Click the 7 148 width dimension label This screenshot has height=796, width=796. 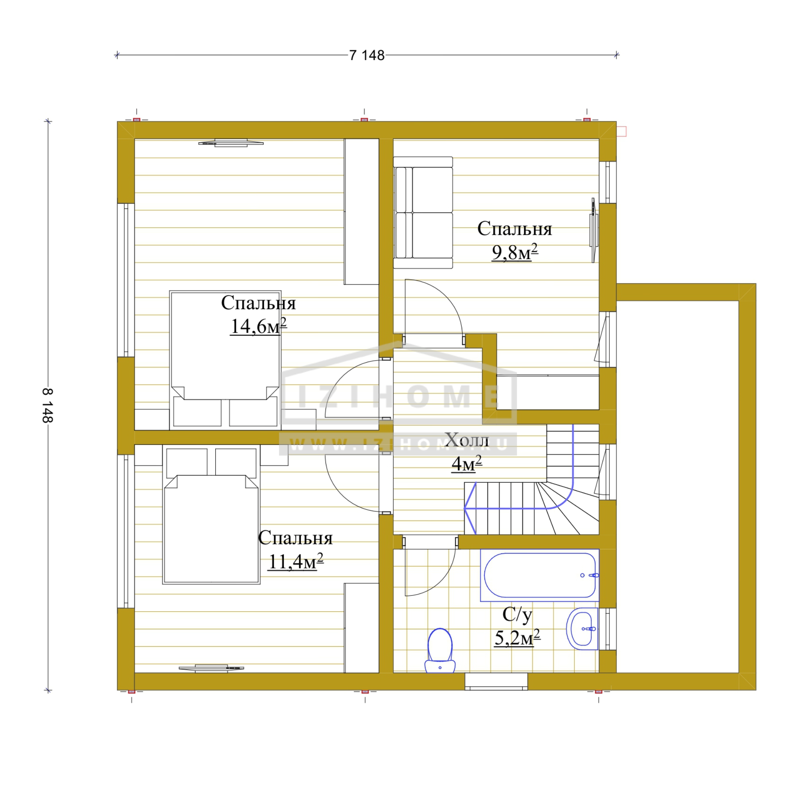click(x=367, y=55)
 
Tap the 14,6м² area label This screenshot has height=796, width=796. click(x=258, y=326)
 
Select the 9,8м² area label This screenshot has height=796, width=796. click(x=515, y=253)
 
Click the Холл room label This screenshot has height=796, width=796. click(x=467, y=440)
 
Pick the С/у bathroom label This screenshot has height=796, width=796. click(x=517, y=615)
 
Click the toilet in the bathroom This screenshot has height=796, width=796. click(x=440, y=651)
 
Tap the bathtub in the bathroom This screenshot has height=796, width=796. click(x=540, y=575)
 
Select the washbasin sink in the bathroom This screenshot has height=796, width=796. click(x=582, y=629)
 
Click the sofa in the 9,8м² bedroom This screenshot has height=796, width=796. click(x=423, y=213)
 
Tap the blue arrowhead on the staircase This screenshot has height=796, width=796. click(x=470, y=508)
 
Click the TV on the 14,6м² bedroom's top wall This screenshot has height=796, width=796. click(x=231, y=142)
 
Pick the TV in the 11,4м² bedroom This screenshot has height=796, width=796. click(x=211, y=668)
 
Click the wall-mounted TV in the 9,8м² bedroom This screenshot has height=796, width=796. click(x=594, y=230)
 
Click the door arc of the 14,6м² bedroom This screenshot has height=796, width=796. click(x=342, y=377)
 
